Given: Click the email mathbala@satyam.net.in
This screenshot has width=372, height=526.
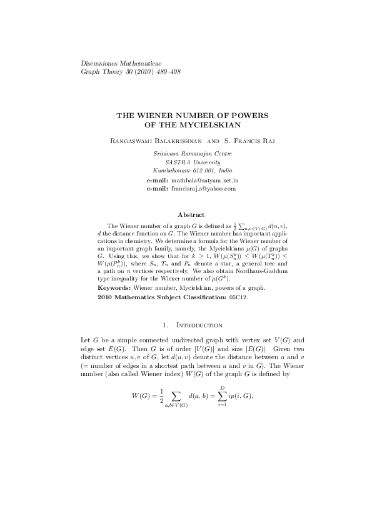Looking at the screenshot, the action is click(203, 180).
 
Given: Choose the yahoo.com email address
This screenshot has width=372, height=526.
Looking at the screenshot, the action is click(203, 188).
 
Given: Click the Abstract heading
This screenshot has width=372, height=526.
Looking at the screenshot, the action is click(191, 215).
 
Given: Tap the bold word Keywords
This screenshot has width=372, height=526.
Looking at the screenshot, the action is click(114, 288).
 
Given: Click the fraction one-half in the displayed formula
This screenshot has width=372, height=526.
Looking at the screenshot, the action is click(161, 396).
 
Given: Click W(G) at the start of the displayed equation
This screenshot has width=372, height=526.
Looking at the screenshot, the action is click(141, 396).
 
